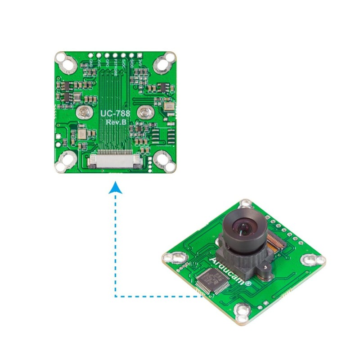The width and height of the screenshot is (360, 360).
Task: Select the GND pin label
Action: [x=92, y=64]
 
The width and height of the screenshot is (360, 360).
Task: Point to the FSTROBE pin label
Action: [x=116, y=67]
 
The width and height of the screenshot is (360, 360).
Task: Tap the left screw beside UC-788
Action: [x=83, y=112]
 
